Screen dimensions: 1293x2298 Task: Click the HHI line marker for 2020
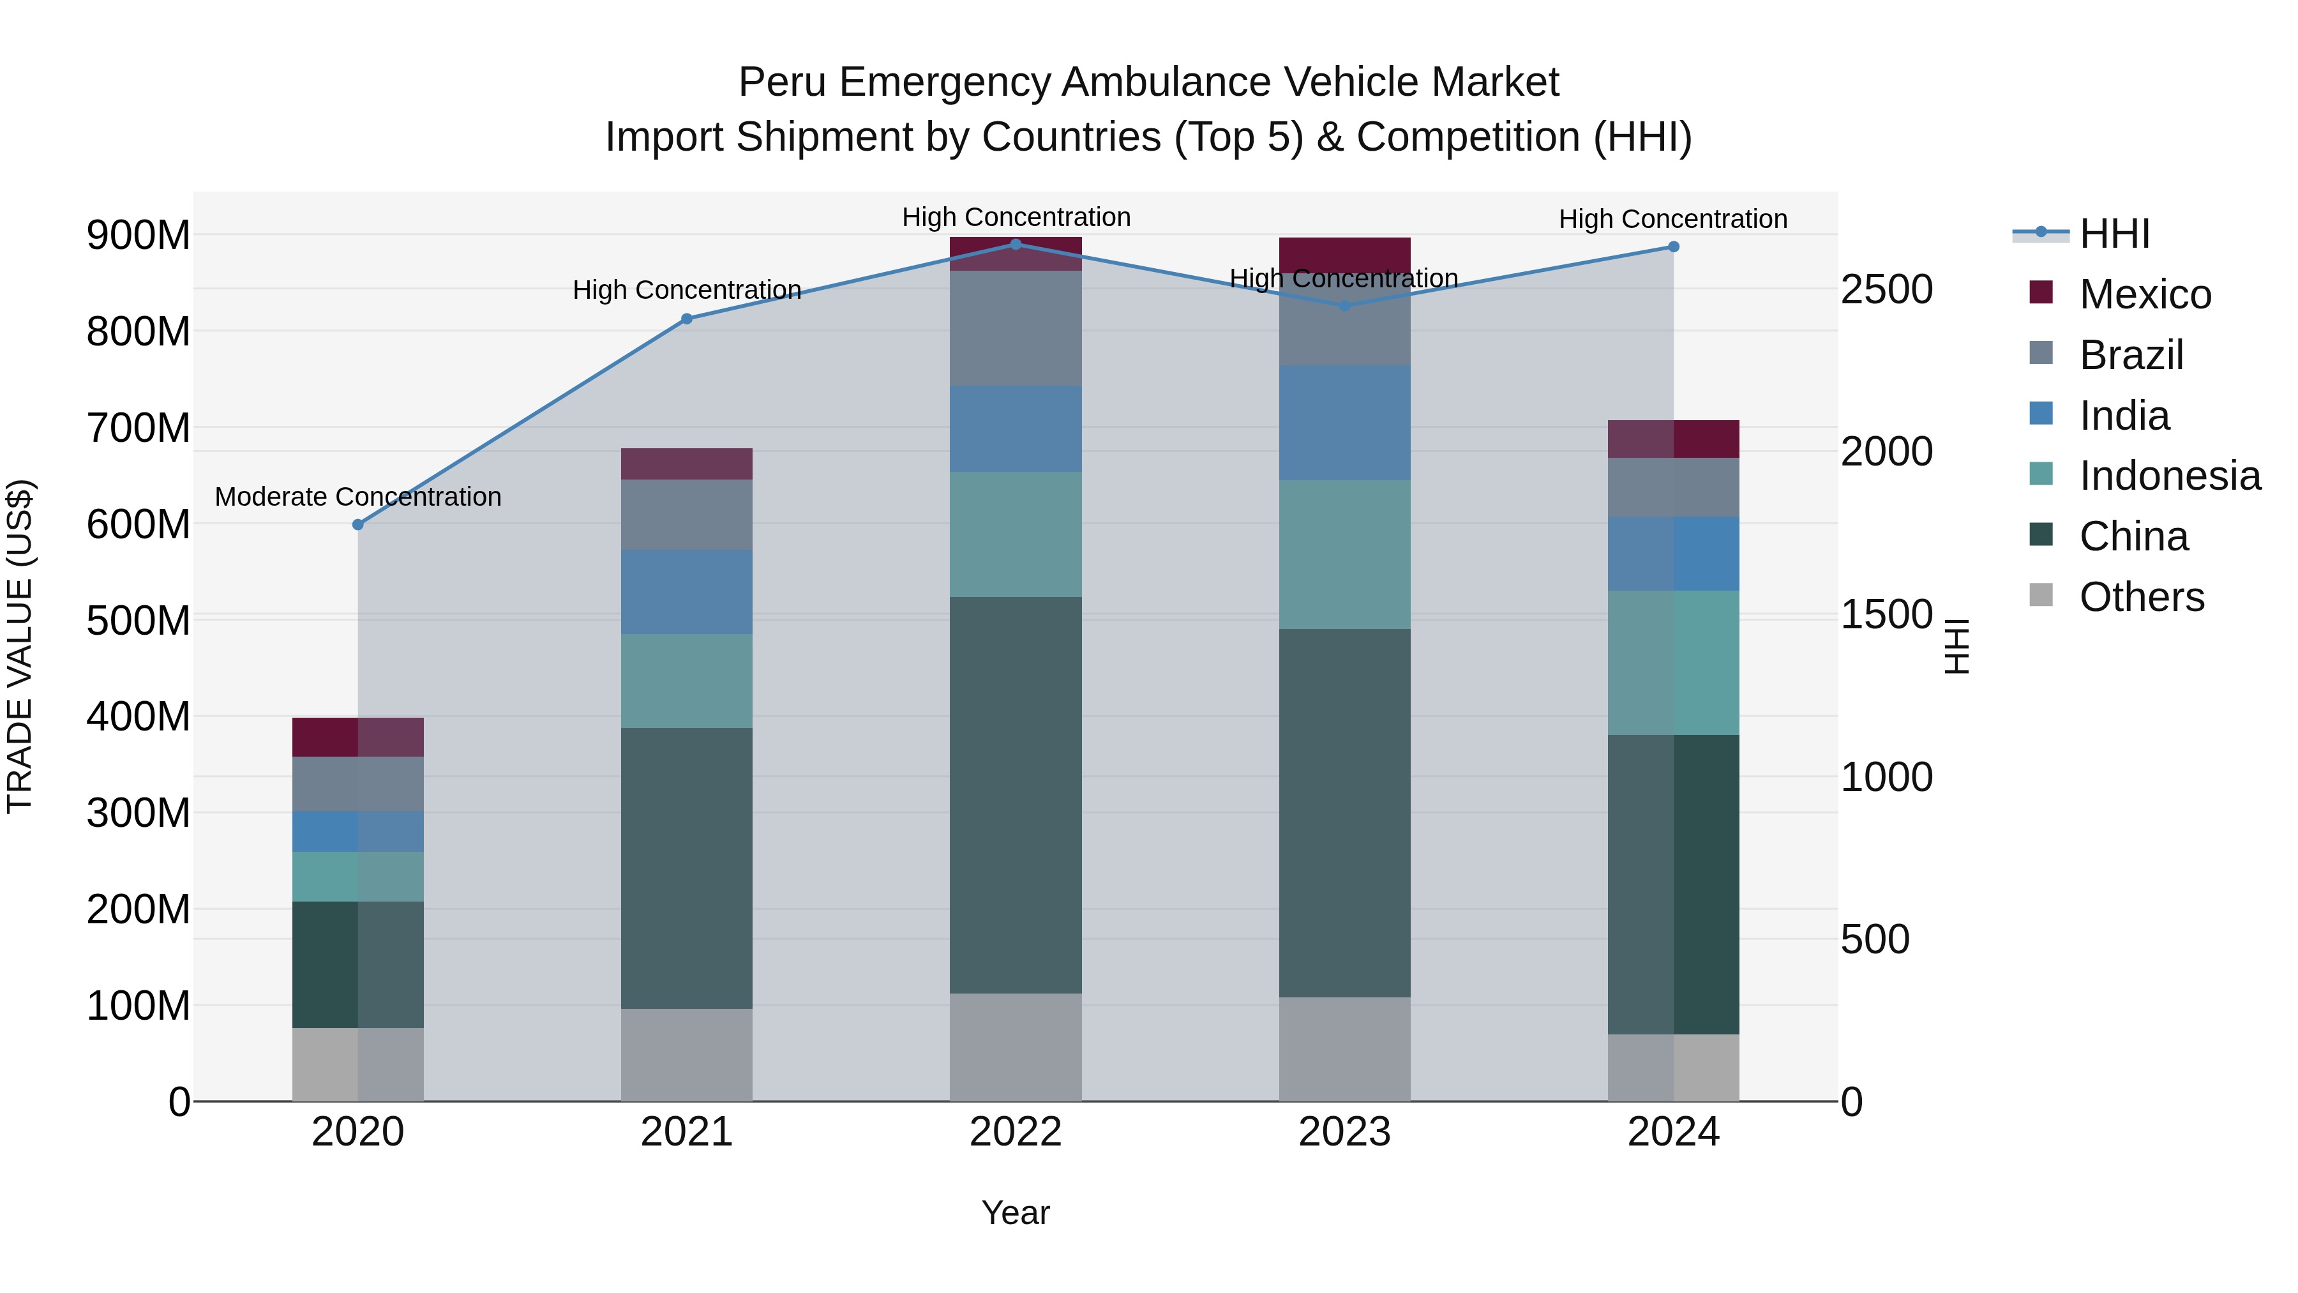tap(357, 525)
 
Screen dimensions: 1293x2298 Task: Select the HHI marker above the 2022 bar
tap(1015, 244)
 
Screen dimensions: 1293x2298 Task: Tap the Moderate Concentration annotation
tap(357, 497)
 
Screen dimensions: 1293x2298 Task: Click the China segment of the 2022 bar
tap(1015, 794)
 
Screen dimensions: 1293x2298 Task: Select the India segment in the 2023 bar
tap(1344, 422)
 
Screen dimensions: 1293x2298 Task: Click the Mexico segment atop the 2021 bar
tap(686, 464)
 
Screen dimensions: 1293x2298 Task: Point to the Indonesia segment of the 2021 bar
tap(686, 681)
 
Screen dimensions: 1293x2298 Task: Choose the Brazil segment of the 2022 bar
tap(1015, 328)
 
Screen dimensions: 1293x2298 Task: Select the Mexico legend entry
tap(2145, 294)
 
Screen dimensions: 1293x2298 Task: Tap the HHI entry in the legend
tap(2114, 234)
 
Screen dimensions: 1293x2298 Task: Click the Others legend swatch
tap(2040, 595)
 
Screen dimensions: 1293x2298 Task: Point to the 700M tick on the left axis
tap(139, 427)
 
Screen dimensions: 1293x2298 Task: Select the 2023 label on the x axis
tap(1344, 1132)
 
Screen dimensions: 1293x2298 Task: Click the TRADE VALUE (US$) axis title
tap(20, 646)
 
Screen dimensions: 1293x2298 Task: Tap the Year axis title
tap(1015, 1213)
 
